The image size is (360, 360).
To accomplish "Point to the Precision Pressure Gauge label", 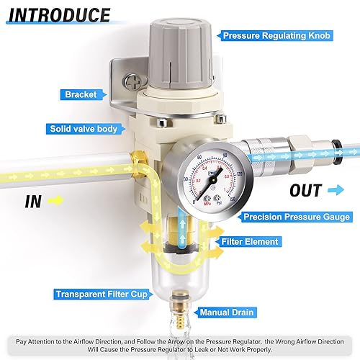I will (297, 216).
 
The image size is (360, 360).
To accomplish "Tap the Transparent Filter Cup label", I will (101, 294).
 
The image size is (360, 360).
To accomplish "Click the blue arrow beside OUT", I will (336, 191).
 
